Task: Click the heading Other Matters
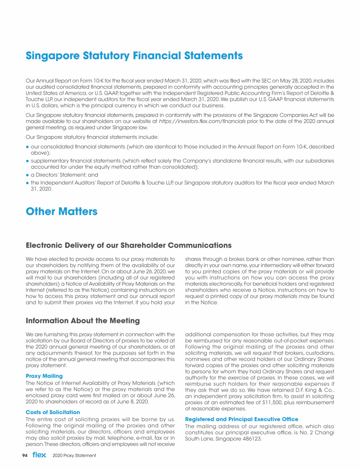[x=61, y=212]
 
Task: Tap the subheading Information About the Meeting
[x=82, y=321]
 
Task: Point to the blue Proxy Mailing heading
[x=44, y=376]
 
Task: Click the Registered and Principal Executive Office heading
[x=241, y=419]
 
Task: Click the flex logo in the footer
[x=39, y=455]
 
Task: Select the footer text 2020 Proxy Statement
[x=75, y=455]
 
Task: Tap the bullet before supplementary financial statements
[x=28, y=160]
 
